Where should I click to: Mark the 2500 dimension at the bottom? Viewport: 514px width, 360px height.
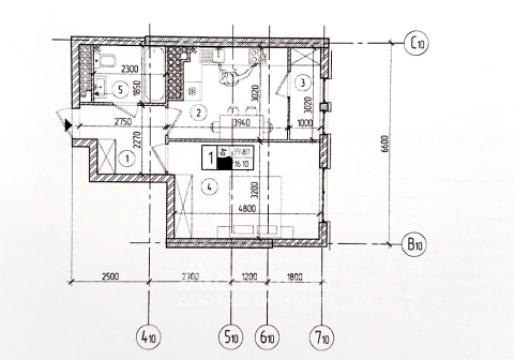[110, 273]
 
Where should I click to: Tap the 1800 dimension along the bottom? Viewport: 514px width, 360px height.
[294, 273]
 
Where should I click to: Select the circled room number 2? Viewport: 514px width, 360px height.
[199, 111]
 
